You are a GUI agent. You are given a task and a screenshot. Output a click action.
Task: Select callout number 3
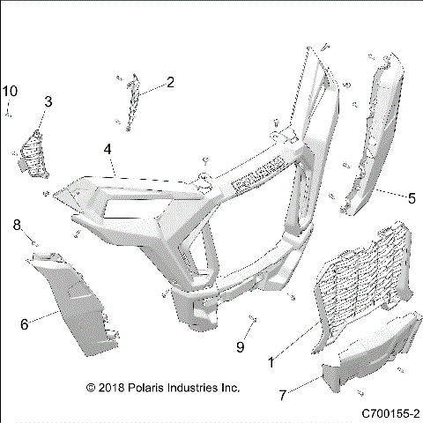(x=48, y=102)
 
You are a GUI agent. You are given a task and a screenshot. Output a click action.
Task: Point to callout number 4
(x=107, y=150)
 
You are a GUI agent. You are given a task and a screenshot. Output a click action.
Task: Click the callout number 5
(x=411, y=197)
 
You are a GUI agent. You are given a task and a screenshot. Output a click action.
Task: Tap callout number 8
(x=16, y=226)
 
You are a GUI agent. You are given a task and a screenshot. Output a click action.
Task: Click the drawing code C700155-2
(x=390, y=412)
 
